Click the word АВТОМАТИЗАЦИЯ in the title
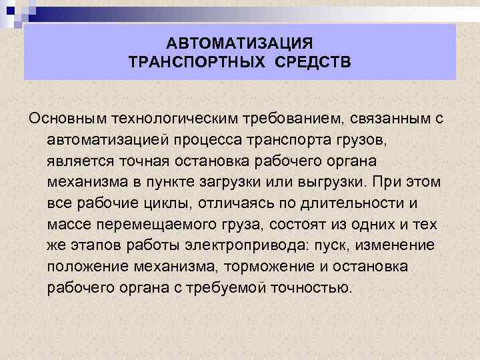pyautogui.click(x=239, y=44)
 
